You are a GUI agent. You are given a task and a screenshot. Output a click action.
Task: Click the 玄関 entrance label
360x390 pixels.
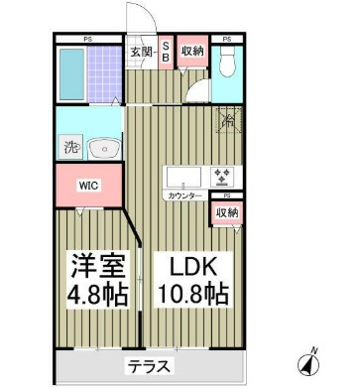[x=140, y=52]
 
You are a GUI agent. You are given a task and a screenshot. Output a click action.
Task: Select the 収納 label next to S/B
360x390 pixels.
[x=192, y=51]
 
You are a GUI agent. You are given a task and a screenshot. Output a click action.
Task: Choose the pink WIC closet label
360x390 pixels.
[x=90, y=185]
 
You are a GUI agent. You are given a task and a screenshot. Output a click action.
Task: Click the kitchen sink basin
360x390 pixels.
[x=182, y=178]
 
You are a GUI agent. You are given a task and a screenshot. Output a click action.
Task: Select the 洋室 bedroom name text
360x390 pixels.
[x=95, y=265]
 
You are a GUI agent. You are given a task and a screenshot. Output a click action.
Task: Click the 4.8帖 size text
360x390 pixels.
[x=96, y=294]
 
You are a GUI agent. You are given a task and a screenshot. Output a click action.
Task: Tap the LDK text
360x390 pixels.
[x=192, y=265]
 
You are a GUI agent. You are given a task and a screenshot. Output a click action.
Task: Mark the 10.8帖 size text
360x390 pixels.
[x=192, y=294]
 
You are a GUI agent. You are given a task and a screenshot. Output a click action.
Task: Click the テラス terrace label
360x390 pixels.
[x=148, y=366]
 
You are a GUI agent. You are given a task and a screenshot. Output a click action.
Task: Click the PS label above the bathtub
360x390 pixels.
[x=87, y=39]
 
